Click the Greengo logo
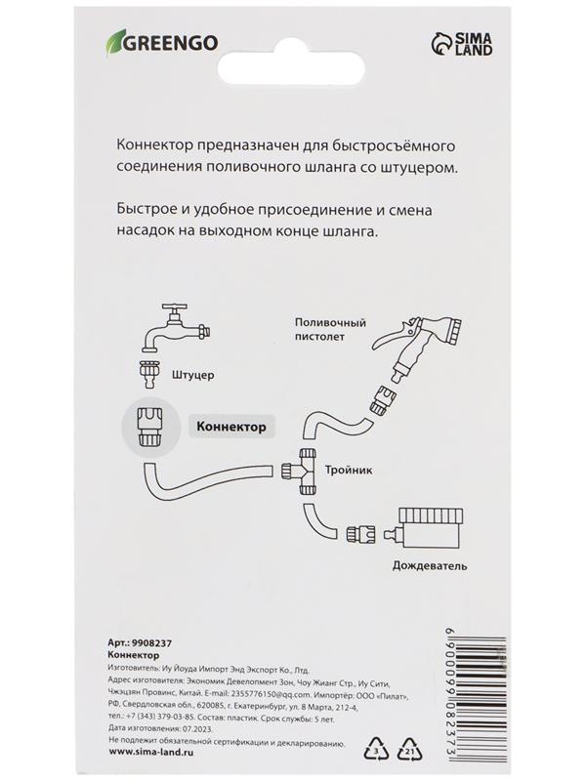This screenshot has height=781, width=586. coord(161,42)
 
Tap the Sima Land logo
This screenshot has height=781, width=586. coord(456,45)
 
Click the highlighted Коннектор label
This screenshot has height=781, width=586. coord(230,427)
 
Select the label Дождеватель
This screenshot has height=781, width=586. coord(429,565)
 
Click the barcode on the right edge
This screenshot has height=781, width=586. coord(561,693)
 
